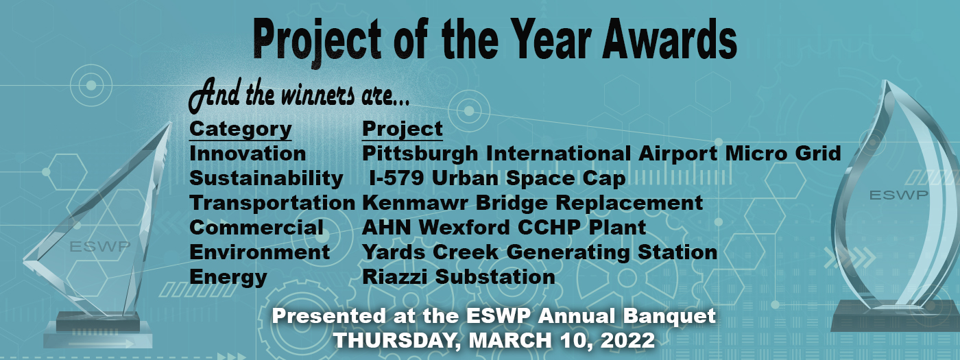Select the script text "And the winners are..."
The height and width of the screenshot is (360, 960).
(x=299, y=97)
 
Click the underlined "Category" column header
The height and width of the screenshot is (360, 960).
(x=240, y=129)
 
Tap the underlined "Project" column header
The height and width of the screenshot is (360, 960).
(x=403, y=129)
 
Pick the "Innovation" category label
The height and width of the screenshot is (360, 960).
(x=248, y=153)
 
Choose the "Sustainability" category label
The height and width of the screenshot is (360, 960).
(x=266, y=178)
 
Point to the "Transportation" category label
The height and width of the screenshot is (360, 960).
(x=272, y=203)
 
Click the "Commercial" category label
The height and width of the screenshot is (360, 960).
(x=256, y=228)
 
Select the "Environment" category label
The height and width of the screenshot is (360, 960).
(x=260, y=252)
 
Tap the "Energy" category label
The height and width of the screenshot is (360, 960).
(x=228, y=277)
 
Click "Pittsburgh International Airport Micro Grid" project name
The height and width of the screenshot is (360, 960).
(x=601, y=153)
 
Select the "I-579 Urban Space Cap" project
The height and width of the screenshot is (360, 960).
(x=497, y=178)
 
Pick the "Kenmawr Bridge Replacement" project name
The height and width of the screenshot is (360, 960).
(x=533, y=203)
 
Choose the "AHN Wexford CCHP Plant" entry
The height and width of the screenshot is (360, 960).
(x=504, y=228)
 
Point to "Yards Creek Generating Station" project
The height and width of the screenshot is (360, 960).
(x=540, y=252)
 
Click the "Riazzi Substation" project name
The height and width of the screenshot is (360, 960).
(x=459, y=277)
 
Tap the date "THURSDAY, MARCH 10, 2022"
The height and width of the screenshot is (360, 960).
(x=493, y=339)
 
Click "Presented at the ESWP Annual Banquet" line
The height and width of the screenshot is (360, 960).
(x=494, y=317)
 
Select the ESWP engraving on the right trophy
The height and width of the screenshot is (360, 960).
(x=898, y=195)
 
